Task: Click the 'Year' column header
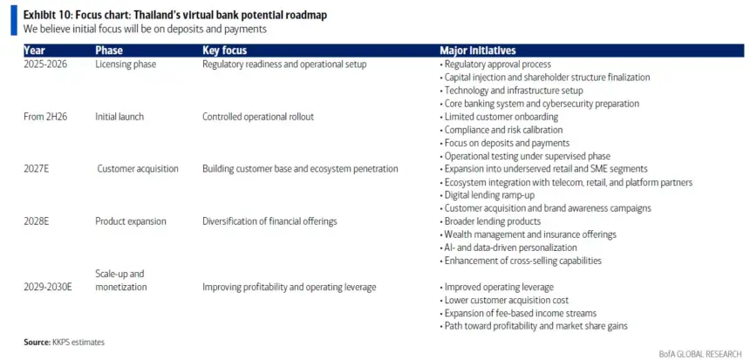point(34,51)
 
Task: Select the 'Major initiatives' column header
point(477,51)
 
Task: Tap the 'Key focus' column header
point(225,51)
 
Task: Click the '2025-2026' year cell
point(45,64)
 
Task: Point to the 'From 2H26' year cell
point(45,117)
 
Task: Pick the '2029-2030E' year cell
point(48,288)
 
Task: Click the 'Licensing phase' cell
point(126,64)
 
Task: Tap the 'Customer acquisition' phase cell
point(138,169)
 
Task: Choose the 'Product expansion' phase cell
point(131,221)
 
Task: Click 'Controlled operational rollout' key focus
point(258,117)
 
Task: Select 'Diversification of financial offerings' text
point(269,221)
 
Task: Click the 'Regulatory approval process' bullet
point(495,64)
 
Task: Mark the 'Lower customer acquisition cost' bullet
point(504,300)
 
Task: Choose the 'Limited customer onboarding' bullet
point(499,117)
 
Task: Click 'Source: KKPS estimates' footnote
point(64,342)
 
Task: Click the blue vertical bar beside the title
point(14,21)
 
